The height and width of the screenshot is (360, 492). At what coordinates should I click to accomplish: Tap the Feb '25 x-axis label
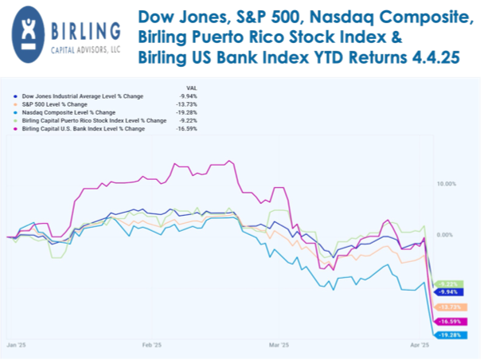tap(152, 346)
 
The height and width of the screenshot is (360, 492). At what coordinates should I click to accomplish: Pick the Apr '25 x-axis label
tap(420, 346)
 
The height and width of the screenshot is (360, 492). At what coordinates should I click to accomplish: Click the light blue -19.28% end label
tap(459, 335)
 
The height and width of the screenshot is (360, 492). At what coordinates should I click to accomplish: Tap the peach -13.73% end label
tap(459, 307)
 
